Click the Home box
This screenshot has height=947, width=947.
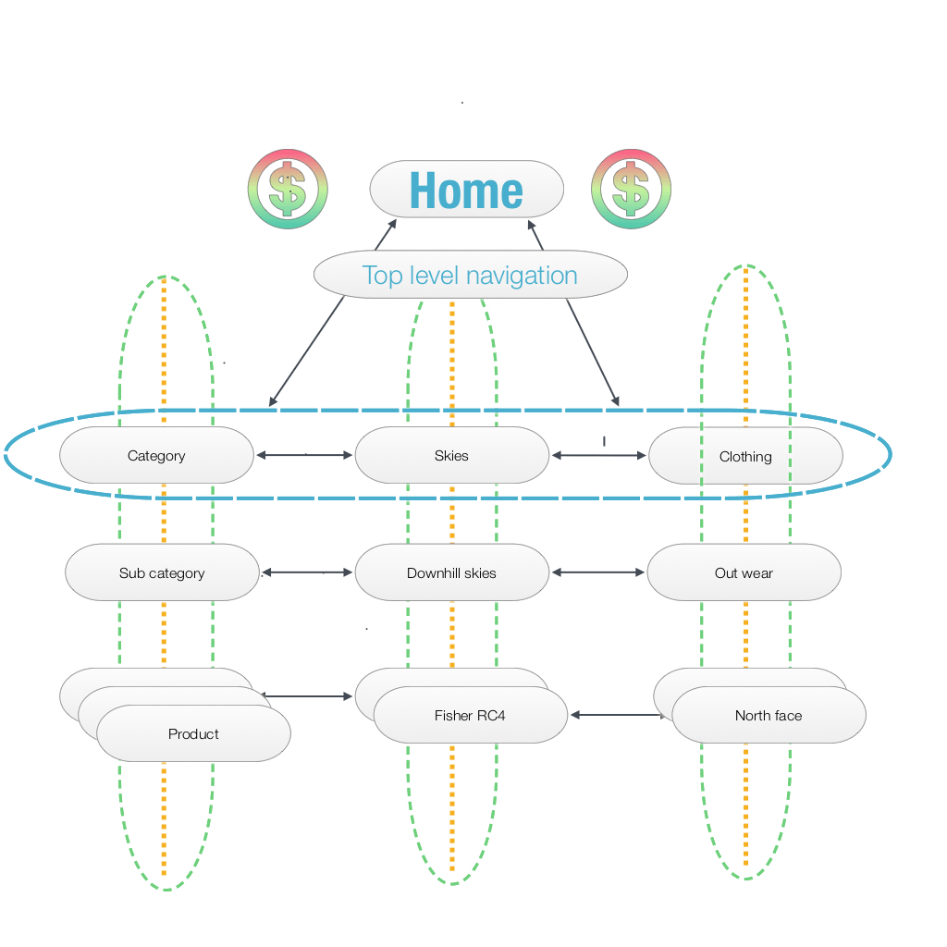pos(466,190)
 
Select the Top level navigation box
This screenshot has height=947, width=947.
pos(470,275)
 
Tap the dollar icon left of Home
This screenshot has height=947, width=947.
pos(288,190)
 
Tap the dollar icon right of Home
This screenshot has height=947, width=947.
pos(632,190)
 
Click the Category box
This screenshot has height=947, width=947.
pos(155,456)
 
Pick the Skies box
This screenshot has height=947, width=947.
pos(451,456)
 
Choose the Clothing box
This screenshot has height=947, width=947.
pos(745,456)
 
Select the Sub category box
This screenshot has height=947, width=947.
pos(162,573)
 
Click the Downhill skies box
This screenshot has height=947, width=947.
pos(451,573)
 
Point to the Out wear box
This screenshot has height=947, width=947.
pos(744,573)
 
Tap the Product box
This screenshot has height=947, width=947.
pos(193,734)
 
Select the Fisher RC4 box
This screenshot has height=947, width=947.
pos(470,716)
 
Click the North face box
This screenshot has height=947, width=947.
pos(769,716)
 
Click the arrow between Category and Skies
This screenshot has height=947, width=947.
pos(304,455)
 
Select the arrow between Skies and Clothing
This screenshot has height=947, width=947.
pos(598,455)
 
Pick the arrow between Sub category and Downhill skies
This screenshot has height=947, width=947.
pos(308,573)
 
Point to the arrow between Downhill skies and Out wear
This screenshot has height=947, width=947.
pos(598,572)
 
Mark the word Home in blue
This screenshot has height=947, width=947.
pos(466,191)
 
